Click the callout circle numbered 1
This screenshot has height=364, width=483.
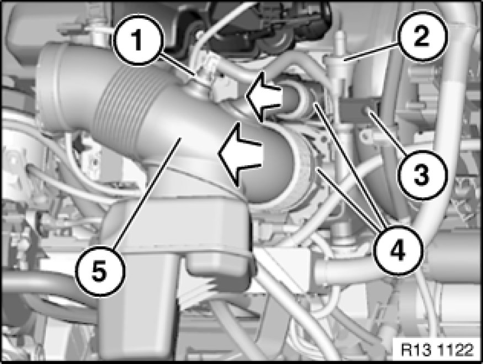pyautogui.click(x=137, y=40)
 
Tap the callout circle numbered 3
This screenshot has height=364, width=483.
pyautogui.click(x=421, y=175)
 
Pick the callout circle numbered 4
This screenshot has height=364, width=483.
pyautogui.click(x=397, y=250)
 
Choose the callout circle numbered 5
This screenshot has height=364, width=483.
pyautogui.click(x=100, y=272)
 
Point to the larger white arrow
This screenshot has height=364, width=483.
pyautogui.click(x=240, y=155)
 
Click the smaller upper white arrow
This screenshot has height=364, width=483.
pyautogui.click(x=264, y=96)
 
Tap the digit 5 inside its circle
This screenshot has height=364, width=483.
pyautogui.click(x=99, y=272)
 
